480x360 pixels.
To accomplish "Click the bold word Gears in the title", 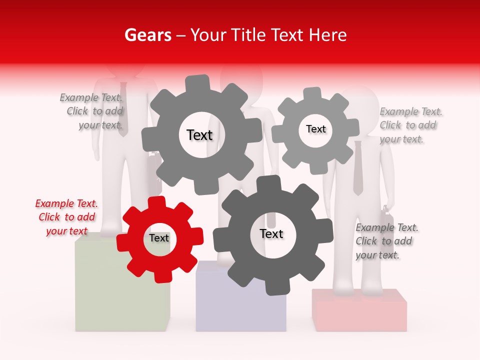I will [147, 35].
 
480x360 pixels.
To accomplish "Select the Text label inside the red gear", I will [159, 238].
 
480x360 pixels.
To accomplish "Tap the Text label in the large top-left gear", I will [199, 135].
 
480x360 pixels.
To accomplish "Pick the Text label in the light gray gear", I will [315, 129].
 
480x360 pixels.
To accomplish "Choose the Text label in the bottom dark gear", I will [271, 234].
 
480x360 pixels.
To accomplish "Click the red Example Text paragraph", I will [66, 217].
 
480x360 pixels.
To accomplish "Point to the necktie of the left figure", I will [123, 107].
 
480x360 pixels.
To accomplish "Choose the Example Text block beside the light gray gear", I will [411, 125].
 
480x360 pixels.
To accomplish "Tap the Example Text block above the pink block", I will [386, 241].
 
